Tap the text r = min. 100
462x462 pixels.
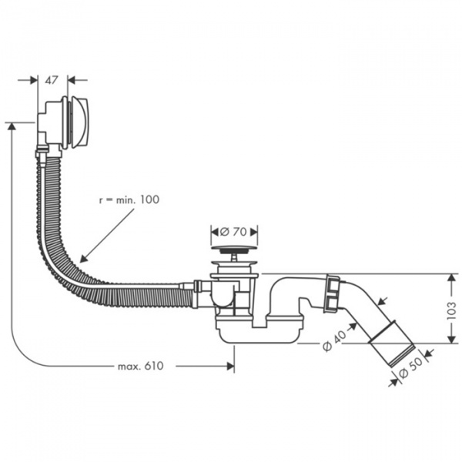129,199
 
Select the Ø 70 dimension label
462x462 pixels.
233,231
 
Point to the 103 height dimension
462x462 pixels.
450,309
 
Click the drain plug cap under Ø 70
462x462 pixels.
233,249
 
